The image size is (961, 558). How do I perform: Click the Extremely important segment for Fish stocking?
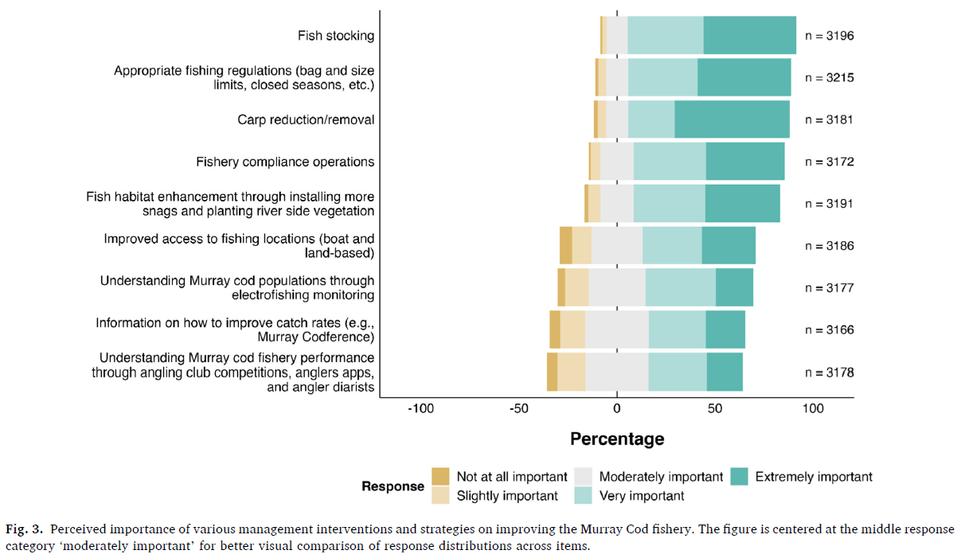tap(749, 35)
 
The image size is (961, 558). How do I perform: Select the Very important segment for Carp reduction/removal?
tap(651, 119)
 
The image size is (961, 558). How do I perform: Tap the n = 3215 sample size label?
tap(829, 78)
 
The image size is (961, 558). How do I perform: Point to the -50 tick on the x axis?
tap(518, 408)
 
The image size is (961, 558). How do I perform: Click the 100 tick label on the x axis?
tap(813, 408)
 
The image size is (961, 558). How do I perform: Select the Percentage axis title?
tap(616, 439)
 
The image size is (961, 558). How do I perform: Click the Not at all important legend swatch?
tap(440, 476)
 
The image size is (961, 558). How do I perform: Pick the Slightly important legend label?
tap(507, 496)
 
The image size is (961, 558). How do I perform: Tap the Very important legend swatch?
tap(583, 495)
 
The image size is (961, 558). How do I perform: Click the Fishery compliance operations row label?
tap(285, 162)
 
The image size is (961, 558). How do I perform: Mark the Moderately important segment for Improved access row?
tap(617, 245)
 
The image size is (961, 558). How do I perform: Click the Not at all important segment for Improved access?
tap(566, 245)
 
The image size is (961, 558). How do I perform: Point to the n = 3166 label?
tap(829, 330)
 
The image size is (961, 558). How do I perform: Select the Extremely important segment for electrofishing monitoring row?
tap(734, 287)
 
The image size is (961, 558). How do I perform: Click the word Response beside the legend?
tap(393, 486)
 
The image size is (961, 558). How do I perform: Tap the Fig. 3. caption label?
tap(25, 529)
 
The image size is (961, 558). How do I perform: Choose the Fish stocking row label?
tap(336, 36)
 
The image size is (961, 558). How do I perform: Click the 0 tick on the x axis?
tap(616, 408)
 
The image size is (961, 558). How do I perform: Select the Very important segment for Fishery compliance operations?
tap(670, 162)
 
